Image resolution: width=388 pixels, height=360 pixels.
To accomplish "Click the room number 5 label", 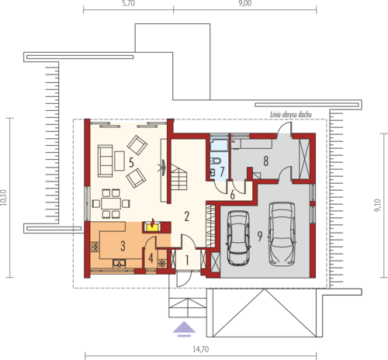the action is pos(131,163).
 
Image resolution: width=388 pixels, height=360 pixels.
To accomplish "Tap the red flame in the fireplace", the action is pos(153,222).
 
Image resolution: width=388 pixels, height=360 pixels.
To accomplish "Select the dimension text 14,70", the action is pos(201,349).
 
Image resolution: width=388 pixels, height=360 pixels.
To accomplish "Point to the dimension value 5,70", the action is pos(129,3).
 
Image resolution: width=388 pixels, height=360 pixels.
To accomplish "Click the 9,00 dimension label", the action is pos(244,3).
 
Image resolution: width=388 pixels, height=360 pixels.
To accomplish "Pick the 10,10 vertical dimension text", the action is pos(3,198).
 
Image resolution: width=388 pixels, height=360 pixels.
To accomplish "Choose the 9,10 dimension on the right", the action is pos(377,206).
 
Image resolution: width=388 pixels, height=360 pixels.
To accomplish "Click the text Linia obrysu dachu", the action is pos(291,115).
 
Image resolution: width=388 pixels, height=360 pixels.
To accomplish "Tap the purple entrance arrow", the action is pos(184,329).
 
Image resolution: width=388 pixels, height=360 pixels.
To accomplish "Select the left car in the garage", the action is pos(238,238).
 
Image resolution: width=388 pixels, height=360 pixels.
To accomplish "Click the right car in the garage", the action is pos(282,234).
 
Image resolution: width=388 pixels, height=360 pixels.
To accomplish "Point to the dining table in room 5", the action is pos(111,203).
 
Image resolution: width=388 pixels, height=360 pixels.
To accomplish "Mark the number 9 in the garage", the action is pos(260,236).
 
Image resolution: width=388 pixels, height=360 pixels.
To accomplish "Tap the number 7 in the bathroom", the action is pos(222,171).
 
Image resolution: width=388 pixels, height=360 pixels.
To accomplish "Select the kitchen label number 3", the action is pos(123,246).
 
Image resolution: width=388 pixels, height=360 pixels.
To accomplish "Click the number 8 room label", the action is pos(266,161).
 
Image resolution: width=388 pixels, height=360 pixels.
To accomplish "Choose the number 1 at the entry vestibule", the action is pos(187,261).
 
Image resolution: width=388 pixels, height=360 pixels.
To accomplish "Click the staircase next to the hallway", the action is pos(178,178).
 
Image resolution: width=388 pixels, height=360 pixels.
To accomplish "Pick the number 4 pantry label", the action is pos(151,258).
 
